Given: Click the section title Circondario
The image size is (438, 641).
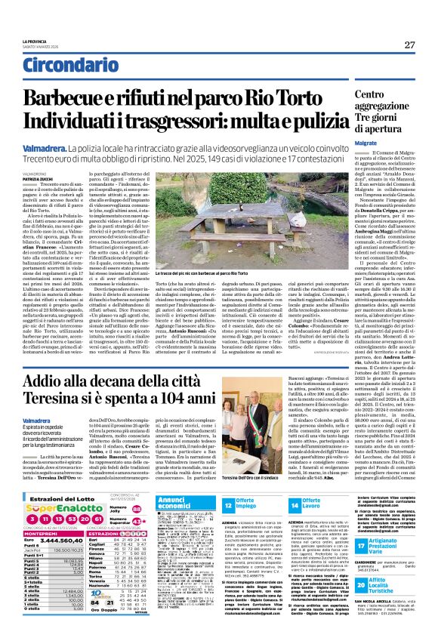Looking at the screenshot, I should (64, 67).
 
